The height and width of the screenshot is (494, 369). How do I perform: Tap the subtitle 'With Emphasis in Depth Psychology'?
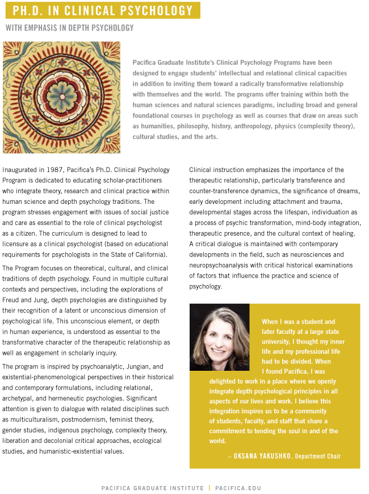[x=70, y=28]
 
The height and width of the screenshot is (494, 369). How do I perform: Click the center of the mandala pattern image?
[x=61, y=97]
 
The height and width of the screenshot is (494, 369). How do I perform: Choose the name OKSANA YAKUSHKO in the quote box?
[x=262, y=456]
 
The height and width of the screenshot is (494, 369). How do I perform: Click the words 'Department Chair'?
[x=318, y=456]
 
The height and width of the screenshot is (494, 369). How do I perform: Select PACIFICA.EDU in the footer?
[x=238, y=488]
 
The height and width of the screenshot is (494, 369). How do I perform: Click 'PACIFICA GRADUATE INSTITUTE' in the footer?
[x=152, y=488]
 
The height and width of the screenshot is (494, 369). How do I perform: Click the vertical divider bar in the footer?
[x=209, y=488]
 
